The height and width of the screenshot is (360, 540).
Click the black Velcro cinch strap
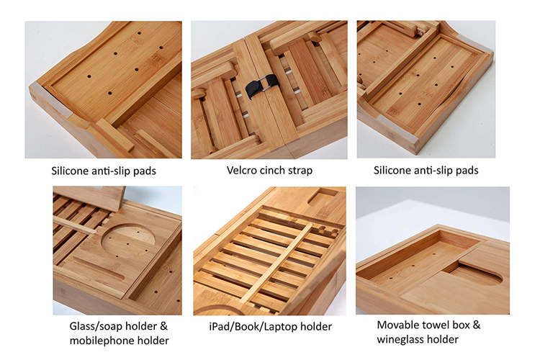tap(262, 86)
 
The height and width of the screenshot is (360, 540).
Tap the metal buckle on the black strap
tap(265, 84)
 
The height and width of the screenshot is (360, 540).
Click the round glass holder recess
tap(127, 240)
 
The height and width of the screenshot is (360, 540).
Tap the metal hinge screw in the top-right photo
tap(420, 33)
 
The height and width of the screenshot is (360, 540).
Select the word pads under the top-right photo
tap(467, 171)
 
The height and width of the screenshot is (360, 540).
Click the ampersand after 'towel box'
tap(477, 325)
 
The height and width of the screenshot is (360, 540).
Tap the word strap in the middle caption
tap(300, 171)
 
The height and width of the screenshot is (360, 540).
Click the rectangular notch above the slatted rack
tap(322, 197)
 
